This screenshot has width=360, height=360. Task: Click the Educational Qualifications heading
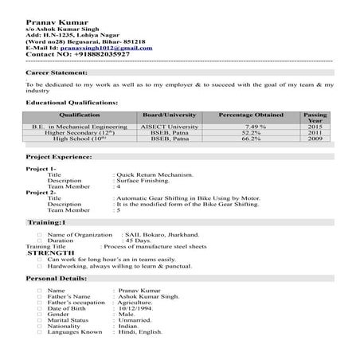click(x=72, y=103)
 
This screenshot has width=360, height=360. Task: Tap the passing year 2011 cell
click(x=315, y=132)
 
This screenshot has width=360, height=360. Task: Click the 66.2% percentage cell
click(x=251, y=139)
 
